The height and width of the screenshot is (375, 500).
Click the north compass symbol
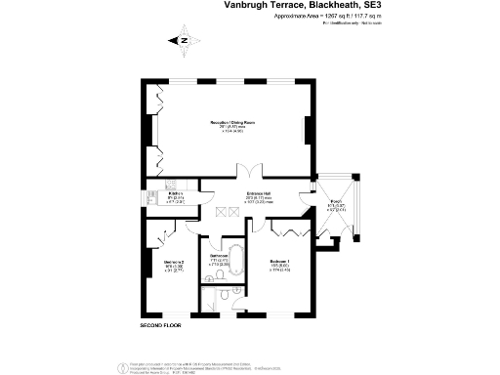tap(183, 41)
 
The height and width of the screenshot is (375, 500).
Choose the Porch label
tap(335, 206)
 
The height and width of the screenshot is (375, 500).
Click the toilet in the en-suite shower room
tap(223, 294)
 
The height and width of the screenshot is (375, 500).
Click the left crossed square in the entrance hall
tap(221, 211)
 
